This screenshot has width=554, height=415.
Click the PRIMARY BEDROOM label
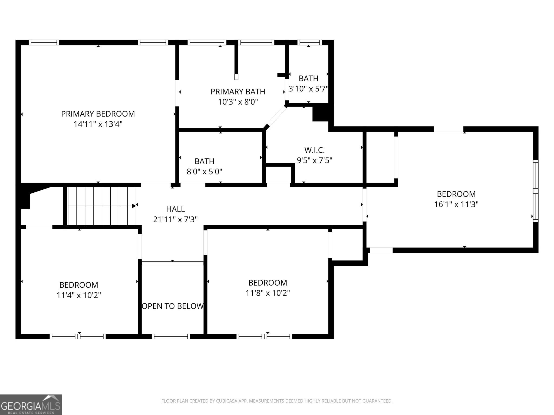(98, 114)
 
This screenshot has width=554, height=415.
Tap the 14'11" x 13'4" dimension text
(98, 124)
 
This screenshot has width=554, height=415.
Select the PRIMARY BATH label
(238, 92)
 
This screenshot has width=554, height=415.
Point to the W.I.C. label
(315, 150)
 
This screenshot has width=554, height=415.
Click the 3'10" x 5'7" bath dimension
(309, 89)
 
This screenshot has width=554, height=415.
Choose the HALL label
(176, 209)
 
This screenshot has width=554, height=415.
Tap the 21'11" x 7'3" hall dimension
(176, 219)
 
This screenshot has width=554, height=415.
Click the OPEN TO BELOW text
(173, 306)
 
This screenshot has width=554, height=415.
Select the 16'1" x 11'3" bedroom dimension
(456, 204)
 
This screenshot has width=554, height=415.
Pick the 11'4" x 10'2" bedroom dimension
(79, 295)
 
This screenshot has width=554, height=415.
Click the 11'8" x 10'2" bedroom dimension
(268, 293)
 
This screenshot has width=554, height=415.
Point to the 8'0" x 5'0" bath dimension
(205, 172)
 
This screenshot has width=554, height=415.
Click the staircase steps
(102, 206)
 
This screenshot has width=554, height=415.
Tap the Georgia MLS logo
(31, 405)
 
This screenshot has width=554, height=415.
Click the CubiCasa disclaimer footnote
(277, 401)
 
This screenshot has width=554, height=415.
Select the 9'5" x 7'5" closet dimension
(315, 160)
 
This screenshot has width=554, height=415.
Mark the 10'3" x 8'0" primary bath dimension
(238, 102)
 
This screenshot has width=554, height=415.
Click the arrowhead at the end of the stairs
(134, 206)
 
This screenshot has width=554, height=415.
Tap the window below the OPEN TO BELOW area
(171, 336)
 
